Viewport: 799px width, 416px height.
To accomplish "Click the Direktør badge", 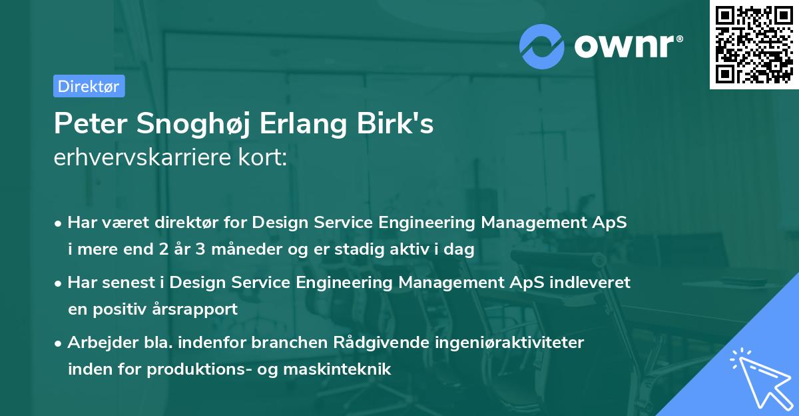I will pyautogui.click(x=89, y=86).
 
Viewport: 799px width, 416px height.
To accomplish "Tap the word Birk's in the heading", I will pyautogui.click(x=399, y=125).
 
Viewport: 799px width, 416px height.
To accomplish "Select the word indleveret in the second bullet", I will pyautogui.click(x=593, y=283).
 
